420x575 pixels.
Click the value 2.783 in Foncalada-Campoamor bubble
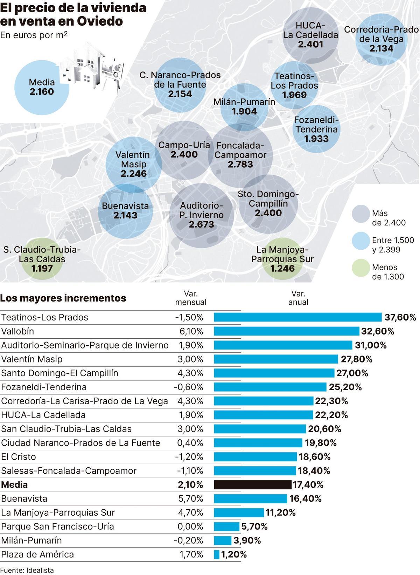tap(240, 164)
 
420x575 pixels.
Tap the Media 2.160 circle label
tap(42, 87)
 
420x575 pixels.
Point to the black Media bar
tap(252, 485)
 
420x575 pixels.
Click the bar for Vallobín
tap(286, 331)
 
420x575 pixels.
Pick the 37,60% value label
tap(400, 317)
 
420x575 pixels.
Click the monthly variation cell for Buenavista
tap(190, 499)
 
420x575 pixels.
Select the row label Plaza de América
tap(38, 554)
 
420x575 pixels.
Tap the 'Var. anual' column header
tap(298, 298)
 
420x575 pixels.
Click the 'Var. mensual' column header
tap(191, 298)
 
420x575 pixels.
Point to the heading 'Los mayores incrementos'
tap(63, 298)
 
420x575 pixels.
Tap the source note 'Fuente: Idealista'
tap(27, 570)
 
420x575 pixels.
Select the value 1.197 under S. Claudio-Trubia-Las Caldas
tap(42, 269)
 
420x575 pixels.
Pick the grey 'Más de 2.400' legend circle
tap(361, 214)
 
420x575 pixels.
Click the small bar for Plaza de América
tap(217, 554)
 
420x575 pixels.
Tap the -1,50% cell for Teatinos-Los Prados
tap(189, 317)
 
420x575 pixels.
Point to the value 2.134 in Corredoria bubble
tap(381, 48)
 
